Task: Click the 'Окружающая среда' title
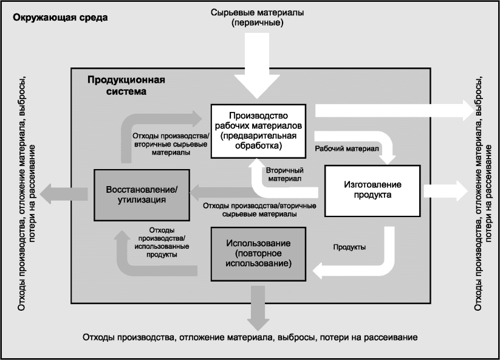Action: [x=56, y=17]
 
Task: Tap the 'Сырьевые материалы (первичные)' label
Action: [x=258, y=18]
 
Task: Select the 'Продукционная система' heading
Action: [x=126, y=86]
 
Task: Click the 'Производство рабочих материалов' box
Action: [x=258, y=131]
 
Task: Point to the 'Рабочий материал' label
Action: [x=347, y=148]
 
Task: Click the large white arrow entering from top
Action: [x=257, y=67]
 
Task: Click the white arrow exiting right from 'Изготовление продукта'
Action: [x=442, y=190]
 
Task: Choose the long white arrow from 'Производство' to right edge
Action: [x=395, y=110]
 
